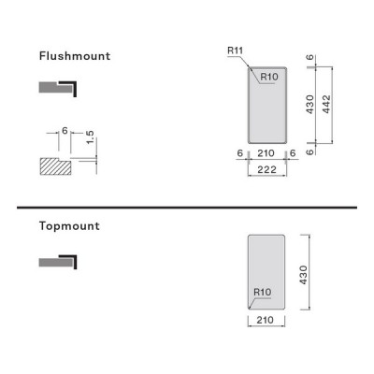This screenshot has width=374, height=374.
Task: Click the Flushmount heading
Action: click(75, 56)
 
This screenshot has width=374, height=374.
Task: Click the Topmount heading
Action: click(69, 226)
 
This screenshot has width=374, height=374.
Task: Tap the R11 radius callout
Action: click(236, 50)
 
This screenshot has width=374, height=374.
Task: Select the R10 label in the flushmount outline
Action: click(269, 77)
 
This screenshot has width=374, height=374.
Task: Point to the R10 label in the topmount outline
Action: click(263, 292)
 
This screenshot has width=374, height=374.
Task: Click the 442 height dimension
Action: click(326, 104)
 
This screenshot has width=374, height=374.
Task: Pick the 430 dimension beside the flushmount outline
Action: click(309, 105)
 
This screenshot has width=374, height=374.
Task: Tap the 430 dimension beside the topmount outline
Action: click(303, 275)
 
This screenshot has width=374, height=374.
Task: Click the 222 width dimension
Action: click(267, 169)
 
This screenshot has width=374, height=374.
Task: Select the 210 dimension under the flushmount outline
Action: click(266, 153)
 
